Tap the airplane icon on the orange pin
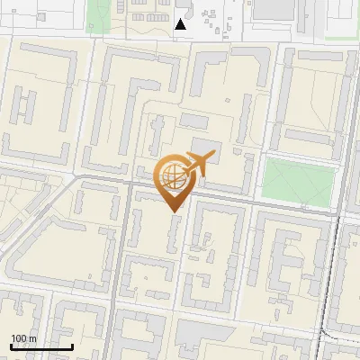(195, 164)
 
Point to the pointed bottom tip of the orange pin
(174, 210)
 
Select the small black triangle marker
(181, 24)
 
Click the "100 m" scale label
(23, 338)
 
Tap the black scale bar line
(41, 346)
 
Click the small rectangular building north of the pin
(193, 120)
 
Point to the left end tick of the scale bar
(11, 346)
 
